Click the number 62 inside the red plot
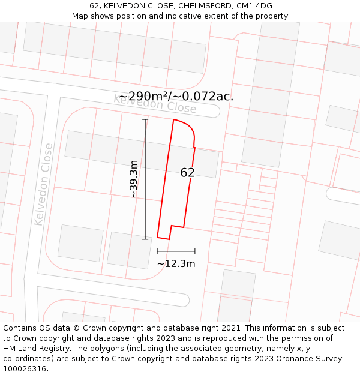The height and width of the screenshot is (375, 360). point(187,173)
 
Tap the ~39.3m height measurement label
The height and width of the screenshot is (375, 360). point(134,179)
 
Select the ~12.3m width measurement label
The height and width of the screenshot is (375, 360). point(176,263)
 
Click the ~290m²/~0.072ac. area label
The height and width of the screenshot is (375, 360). point(176,97)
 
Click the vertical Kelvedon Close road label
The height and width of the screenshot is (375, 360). point(44,184)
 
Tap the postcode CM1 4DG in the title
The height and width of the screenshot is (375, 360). point(254,6)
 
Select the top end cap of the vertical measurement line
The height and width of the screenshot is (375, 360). point(145,120)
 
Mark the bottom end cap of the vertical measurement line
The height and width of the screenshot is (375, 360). point(145,239)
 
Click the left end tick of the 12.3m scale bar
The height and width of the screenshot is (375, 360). point(158,251)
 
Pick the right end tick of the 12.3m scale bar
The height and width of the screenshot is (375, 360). point(195,251)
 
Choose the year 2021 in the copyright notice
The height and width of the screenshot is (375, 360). point(230,328)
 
